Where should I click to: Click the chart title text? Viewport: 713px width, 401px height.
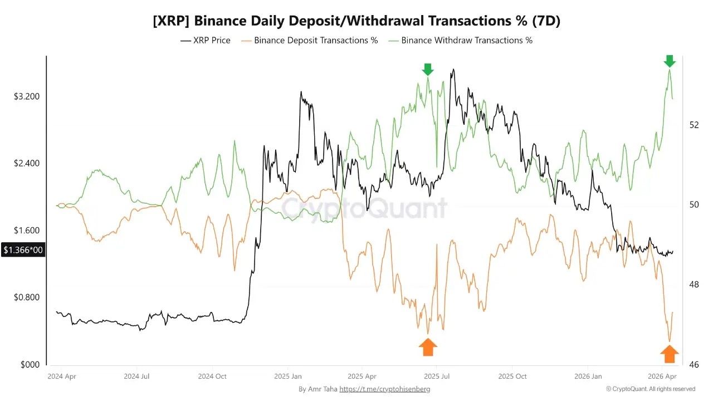click(x=356, y=21)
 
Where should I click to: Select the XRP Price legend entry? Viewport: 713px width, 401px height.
click(x=206, y=40)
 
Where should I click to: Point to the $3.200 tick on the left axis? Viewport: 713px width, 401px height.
click(x=27, y=96)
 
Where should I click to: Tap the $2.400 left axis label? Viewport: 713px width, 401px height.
click(x=27, y=163)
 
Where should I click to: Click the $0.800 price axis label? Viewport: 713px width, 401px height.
click(x=27, y=297)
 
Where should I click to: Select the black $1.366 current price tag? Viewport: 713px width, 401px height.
click(x=23, y=250)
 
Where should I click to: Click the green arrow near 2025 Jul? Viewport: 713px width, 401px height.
click(x=428, y=70)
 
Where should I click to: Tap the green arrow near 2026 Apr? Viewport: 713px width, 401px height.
click(x=670, y=61)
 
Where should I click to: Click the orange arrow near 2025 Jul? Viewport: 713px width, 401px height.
click(x=428, y=347)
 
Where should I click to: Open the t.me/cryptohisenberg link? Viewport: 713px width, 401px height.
click(x=384, y=389)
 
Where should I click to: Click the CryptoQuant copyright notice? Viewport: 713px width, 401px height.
click(x=651, y=389)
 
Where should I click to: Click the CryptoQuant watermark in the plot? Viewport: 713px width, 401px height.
click(x=364, y=208)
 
